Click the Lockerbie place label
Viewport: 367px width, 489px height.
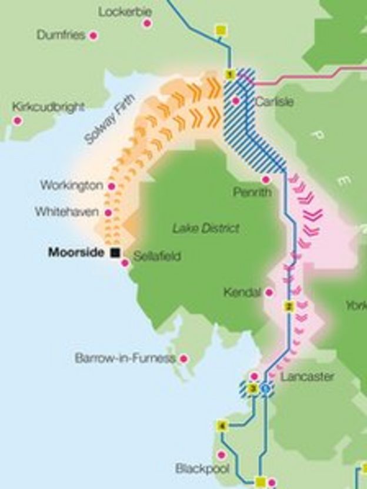click(125, 12)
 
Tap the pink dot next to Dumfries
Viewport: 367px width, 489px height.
click(93, 36)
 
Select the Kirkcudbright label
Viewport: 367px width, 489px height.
click(48, 107)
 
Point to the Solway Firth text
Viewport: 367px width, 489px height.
click(109, 120)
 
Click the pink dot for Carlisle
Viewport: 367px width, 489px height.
click(235, 101)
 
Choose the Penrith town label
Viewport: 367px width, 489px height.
click(252, 192)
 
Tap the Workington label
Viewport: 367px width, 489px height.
click(71, 185)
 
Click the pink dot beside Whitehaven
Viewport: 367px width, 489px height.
click(108, 212)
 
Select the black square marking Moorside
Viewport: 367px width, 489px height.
click(115, 253)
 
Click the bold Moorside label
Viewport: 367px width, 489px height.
click(76, 253)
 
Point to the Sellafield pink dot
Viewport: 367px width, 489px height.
click(125, 263)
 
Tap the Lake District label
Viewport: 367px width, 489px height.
click(206, 228)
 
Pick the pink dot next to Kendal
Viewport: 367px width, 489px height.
click(269, 292)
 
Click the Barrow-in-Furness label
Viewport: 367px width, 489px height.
click(125, 358)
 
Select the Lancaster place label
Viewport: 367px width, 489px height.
click(307, 376)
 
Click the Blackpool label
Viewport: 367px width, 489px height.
click(202, 468)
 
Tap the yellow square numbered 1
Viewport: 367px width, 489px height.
click(230, 74)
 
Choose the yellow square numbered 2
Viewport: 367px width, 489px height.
click(288, 306)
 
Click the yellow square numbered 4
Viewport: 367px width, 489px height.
click(222, 426)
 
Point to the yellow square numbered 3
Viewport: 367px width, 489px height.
click(253, 388)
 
